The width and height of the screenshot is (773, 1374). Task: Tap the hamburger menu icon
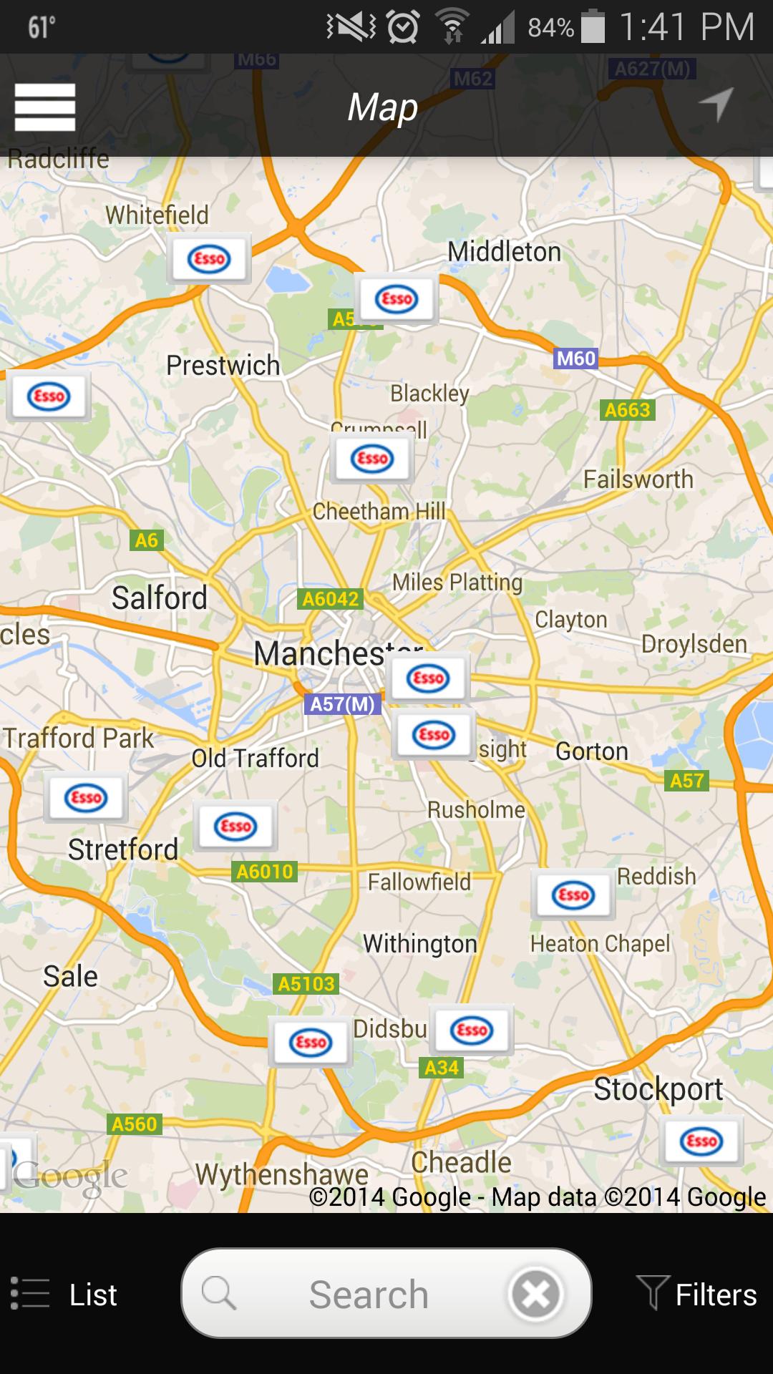(44, 107)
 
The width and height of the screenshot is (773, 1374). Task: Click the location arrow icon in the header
(716, 104)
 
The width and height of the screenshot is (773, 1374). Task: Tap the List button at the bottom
(64, 1295)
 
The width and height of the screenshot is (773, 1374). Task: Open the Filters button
(696, 1295)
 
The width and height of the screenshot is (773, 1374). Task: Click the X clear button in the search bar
(535, 1294)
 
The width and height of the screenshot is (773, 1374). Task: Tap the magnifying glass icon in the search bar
(218, 1294)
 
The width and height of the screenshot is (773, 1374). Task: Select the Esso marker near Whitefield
(209, 258)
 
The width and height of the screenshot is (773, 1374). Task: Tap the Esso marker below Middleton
(397, 298)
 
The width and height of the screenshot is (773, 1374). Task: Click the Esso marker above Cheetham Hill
(372, 458)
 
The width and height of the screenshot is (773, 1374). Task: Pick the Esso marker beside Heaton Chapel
(573, 895)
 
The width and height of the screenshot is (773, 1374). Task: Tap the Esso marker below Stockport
(701, 1141)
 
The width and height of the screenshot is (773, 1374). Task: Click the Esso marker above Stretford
(86, 797)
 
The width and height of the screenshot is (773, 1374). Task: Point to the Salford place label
(159, 598)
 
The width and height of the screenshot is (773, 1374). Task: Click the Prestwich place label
(223, 366)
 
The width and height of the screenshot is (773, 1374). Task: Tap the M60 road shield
(576, 358)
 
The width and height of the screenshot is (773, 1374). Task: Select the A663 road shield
(628, 410)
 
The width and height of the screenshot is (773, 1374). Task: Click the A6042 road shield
(330, 598)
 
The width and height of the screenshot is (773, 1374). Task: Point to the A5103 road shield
(306, 984)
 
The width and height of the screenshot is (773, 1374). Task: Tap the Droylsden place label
(694, 644)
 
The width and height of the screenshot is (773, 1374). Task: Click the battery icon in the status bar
(593, 27)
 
